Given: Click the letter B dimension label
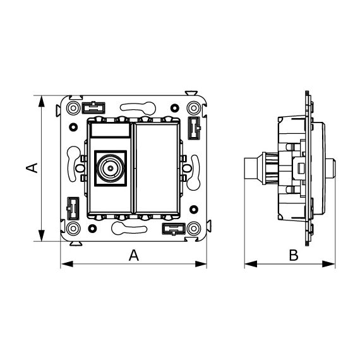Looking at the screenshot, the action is (x=294, y=255).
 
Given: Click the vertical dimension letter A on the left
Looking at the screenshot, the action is (x=32, y=168).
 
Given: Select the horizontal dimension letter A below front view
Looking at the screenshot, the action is (x=134, y=255).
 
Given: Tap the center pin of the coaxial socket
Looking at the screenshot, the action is (x=111, y=168).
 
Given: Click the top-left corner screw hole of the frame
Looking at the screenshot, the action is (x=73, y=108).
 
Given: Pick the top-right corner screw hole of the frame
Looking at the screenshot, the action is (x=194, y=108).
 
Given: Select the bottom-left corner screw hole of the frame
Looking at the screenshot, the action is (x=73, y=229).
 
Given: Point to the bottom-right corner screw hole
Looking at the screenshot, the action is (x=194, y=229).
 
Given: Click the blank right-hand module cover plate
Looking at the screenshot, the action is (x=157, y=168).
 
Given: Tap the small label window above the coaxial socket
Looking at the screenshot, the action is (x=111, y=130).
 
